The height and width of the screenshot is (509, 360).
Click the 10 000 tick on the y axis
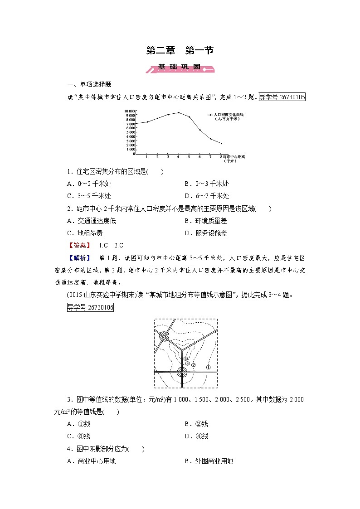coord(129,111)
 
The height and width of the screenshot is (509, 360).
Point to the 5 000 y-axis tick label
coord(131,132)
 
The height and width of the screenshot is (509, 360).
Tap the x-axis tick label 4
coord(179,157)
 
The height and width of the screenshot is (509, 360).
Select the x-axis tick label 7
coord(210,157)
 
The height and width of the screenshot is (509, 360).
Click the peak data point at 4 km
coord(179,112)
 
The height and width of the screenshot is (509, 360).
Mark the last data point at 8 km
coord(221,143)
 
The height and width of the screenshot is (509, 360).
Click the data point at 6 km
coord(200,130)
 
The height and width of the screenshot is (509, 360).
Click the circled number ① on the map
coord(208,367)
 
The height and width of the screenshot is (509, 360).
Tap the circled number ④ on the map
coord(185,359)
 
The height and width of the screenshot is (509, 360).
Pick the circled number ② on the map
coord(193,365)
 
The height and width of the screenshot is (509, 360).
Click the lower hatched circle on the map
coord(182,373)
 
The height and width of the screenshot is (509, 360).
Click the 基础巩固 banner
coord(180,68)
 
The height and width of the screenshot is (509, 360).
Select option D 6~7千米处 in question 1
coord(207,196)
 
